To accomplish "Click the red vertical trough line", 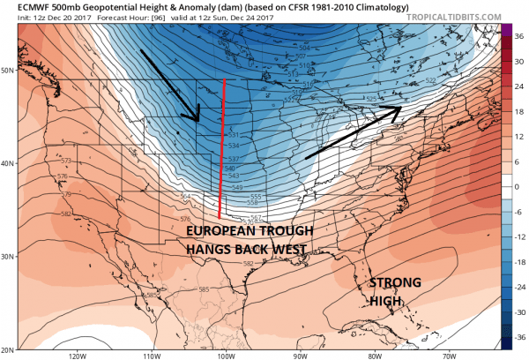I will point(222,150).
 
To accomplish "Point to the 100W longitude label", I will point(225,356).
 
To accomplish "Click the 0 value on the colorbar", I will point(518,186).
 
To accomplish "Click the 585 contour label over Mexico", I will point(204,289).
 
